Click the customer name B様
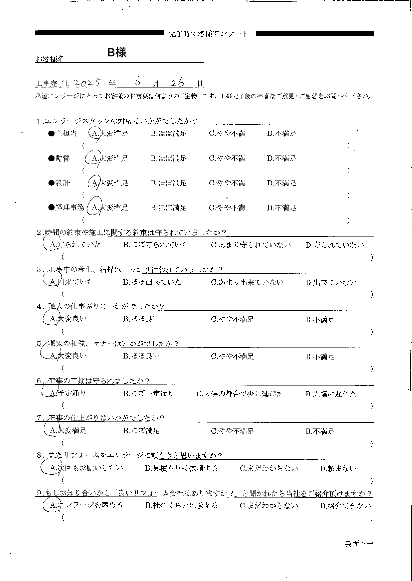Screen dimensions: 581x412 coord(117,52)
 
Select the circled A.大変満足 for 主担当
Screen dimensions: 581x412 coord(109,133)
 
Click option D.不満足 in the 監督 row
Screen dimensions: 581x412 coord(282,158)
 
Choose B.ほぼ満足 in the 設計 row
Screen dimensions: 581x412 coord(169,183)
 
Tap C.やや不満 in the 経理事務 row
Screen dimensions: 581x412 coord(227,208)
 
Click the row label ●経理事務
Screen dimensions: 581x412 coord(66,208)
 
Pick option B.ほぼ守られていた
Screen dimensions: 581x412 coord(156,245)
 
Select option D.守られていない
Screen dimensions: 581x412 coord(334,245)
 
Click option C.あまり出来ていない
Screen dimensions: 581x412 coord(247,282)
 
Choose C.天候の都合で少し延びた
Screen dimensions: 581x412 coord(240,394)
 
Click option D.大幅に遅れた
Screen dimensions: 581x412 coord(331,394)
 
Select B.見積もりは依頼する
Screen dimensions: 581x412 coord(181,468)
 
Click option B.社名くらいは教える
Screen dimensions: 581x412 coord(181,505)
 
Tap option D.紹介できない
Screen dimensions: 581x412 coord(345,506)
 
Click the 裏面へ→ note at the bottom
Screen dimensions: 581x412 coord(359,544)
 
